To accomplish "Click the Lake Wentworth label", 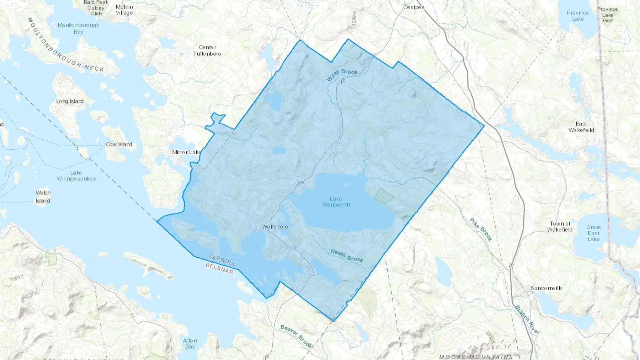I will tap(336, 202).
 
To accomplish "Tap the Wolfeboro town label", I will tap(275, 226).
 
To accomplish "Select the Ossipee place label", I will tap(414, 7).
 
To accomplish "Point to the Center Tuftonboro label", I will tap(207, 50).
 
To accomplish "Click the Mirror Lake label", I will tap(186, 152).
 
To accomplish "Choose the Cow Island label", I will tap(119, 144).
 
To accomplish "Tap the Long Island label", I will tap(70, 101).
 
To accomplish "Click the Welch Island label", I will tap(43, 197).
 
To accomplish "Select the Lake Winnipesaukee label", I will tap(76, 176).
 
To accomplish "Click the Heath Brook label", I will tap(347, 256).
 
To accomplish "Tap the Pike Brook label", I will tap(481, 230).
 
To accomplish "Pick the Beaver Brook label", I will tap(296, 336).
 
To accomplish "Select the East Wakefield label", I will tap(581, 127).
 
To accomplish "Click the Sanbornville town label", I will tap(546, 288).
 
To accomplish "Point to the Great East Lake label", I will tap(593, 233).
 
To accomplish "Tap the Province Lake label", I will tap(577, 16).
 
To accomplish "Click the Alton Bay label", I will tap(190, 343).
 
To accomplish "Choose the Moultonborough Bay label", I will tap(79, 28).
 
